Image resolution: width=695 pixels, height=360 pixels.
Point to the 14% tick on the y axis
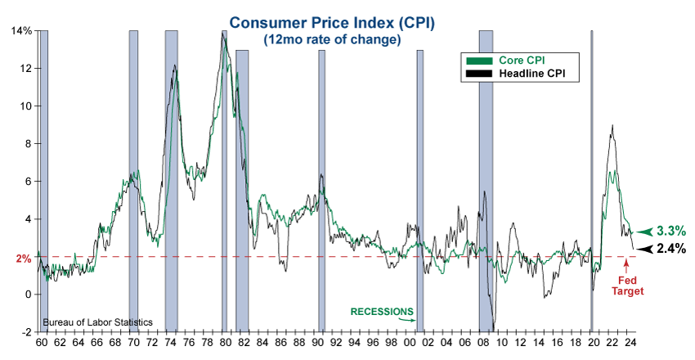(x=20, y=31)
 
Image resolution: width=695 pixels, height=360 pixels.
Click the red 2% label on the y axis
(x=23, y=258)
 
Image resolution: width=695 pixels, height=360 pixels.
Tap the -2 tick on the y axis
(x=25, y=332)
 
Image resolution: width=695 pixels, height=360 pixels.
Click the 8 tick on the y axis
(x=27, y=144)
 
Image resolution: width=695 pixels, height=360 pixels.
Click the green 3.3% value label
(x=671, y=232)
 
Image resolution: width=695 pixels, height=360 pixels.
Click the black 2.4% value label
(x=671, y=249)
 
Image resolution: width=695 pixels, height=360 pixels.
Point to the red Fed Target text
(x=630, y=285)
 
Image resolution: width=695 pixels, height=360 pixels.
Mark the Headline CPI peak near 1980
(x=222, y=32)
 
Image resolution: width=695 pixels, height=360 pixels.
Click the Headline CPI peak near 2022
(x=612, y=125)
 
